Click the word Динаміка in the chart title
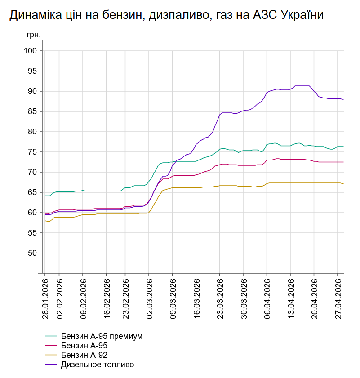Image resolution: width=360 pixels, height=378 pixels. pos(32,15)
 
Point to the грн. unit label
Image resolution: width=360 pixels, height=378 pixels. pos(34,35)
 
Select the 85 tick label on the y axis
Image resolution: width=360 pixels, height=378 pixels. pos(31,111)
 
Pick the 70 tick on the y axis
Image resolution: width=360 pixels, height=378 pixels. pos(31,172)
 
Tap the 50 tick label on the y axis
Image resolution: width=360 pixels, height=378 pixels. pos(31,253)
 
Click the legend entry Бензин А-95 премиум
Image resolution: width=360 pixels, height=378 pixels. pos(102,336)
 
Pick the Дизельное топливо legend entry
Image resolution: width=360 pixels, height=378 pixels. pos(97,365)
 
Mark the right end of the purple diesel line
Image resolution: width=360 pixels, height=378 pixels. pos(343,99)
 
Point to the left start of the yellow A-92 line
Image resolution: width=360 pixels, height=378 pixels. pos(45,221)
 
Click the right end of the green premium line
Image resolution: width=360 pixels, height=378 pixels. pos(343,147)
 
